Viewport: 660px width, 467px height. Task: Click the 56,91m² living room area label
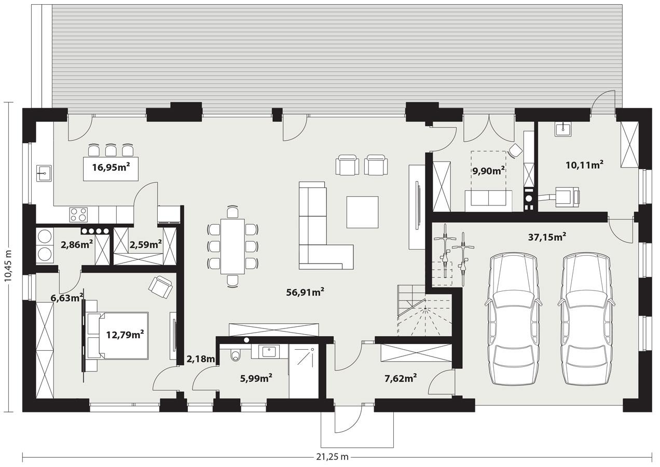point(305,292)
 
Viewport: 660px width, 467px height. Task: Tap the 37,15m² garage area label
point(546,237)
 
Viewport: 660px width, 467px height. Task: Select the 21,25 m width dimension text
point(332,457)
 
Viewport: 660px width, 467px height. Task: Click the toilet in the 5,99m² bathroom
point(235,355)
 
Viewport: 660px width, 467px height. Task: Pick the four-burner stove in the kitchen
point(78,214)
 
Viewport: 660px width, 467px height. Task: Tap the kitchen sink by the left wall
point(44,172)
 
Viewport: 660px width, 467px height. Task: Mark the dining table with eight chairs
point(232,246)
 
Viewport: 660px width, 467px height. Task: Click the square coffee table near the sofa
point(363,212)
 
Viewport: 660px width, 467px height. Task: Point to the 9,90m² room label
point(488,170)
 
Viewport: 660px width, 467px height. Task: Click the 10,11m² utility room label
point(584,164)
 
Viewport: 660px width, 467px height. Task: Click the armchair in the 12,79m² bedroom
point(160,287)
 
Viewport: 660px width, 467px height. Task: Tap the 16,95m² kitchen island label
point(111,167)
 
